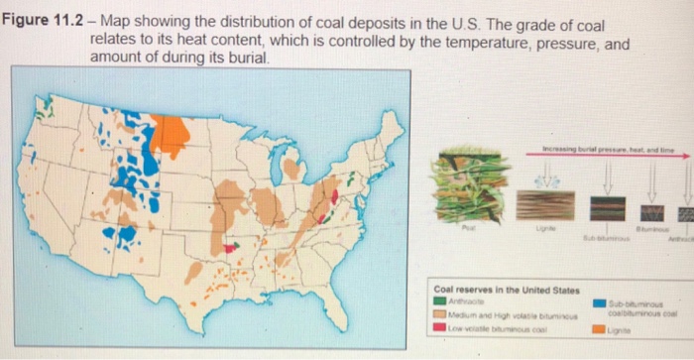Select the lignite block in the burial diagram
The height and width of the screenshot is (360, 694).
point(540,205)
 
